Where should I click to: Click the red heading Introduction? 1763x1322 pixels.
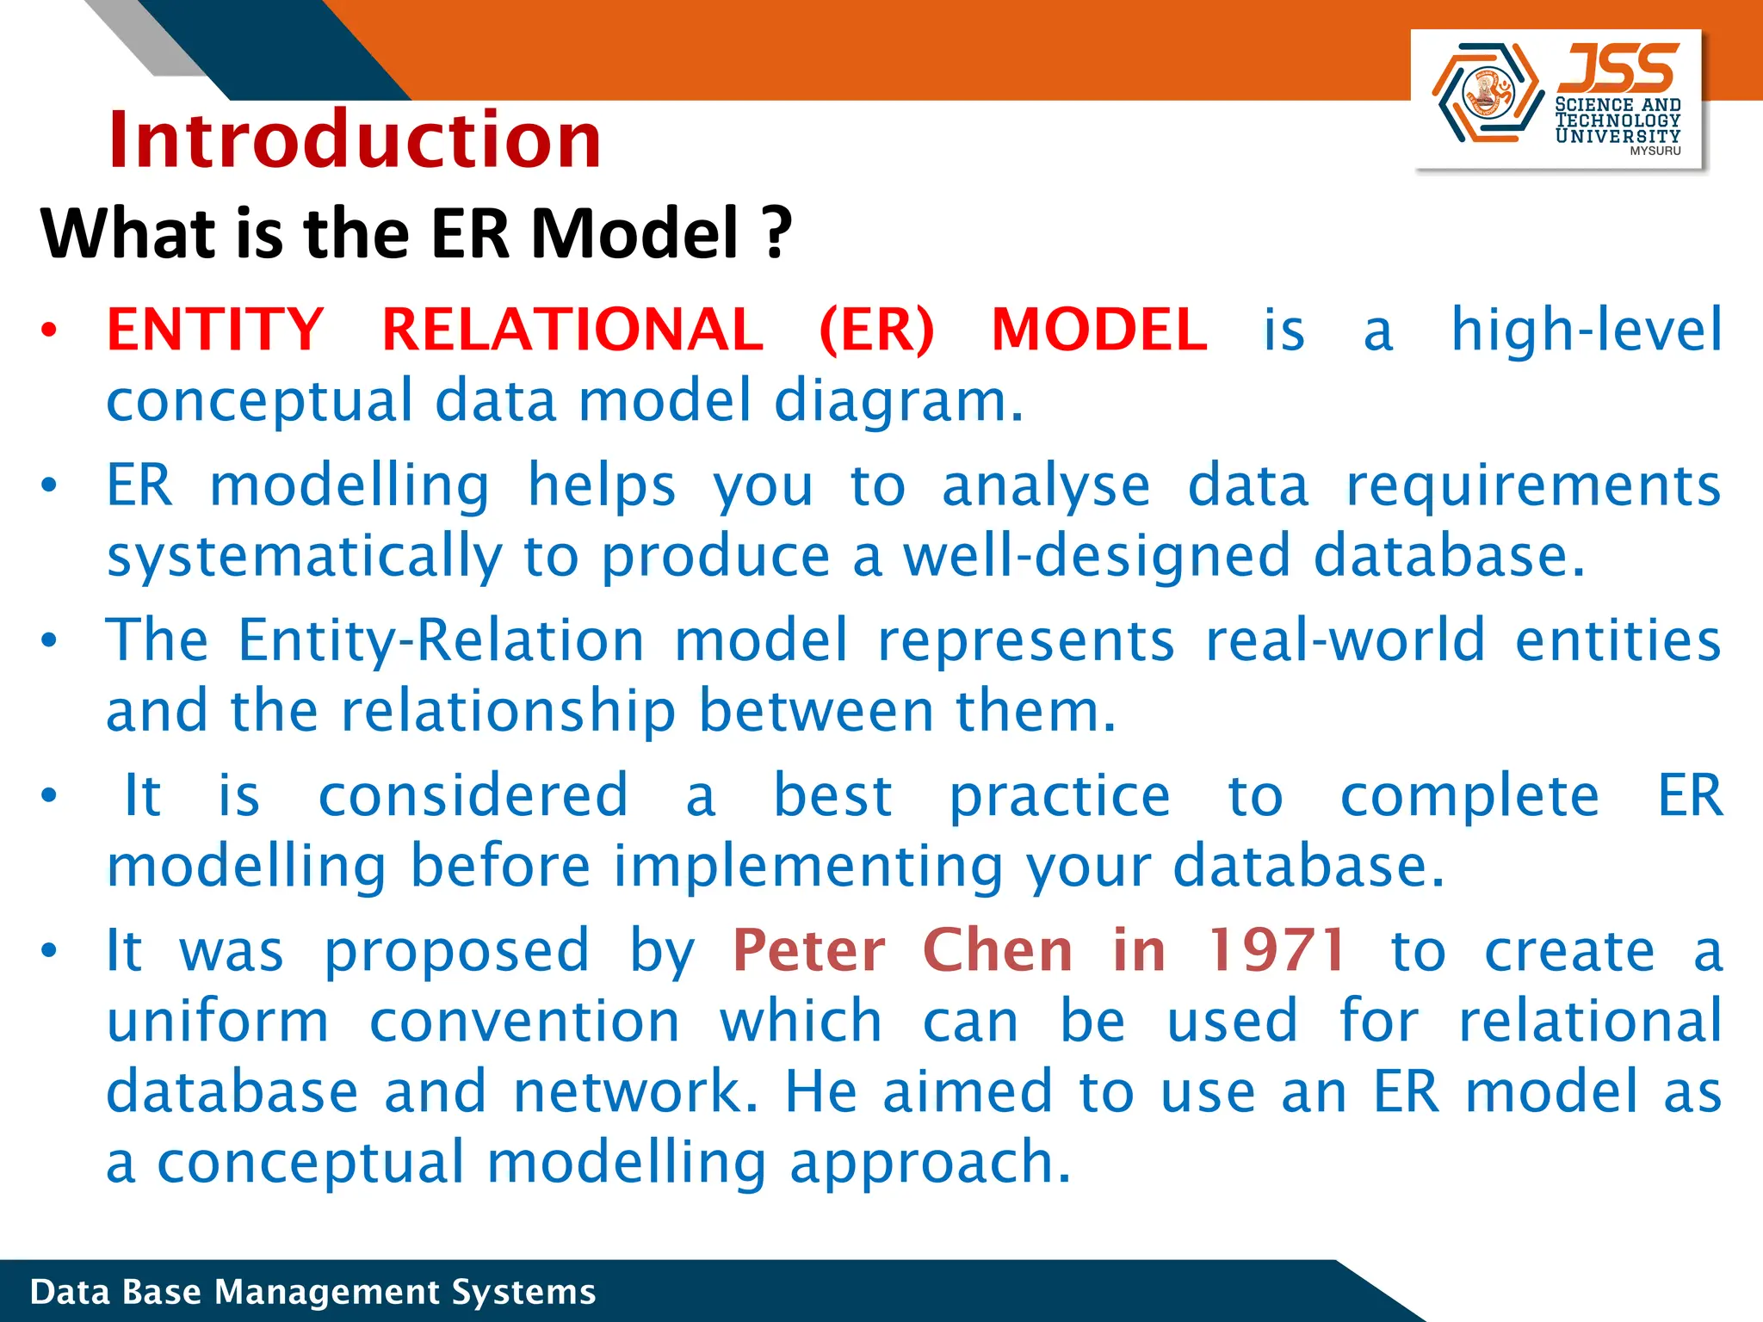pyautogui.click(x=354, y=140)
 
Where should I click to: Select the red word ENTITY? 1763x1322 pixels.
pyautogui.click(x=214, y=330)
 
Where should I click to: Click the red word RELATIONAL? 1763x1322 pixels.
pyautogui.click(x=572, y=330)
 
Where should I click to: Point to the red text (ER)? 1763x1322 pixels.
pyautogui.click(x=876, y=330)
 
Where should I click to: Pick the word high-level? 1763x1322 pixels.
pyautogui.click(x=1586, y=330)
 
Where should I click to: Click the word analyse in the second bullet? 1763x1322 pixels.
pyautogui.click(x=1045, y=487)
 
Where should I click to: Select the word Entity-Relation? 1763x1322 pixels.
pyautogui.click(x=441, y=642)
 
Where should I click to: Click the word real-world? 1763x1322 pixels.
pyautogui.click(x=1345, y=640)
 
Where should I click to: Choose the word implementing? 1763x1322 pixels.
pyautogui.click(x=807, y=868)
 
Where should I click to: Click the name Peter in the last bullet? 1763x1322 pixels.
pyautogui.click(x=808, y=951)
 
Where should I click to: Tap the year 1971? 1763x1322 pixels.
pyautogui.click(x=1277, y=951)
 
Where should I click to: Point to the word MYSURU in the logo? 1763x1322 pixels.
pyautogui.click(x=1655, y=151)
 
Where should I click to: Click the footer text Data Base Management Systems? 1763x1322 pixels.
pyautogui.click(x=312, y=1292)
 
